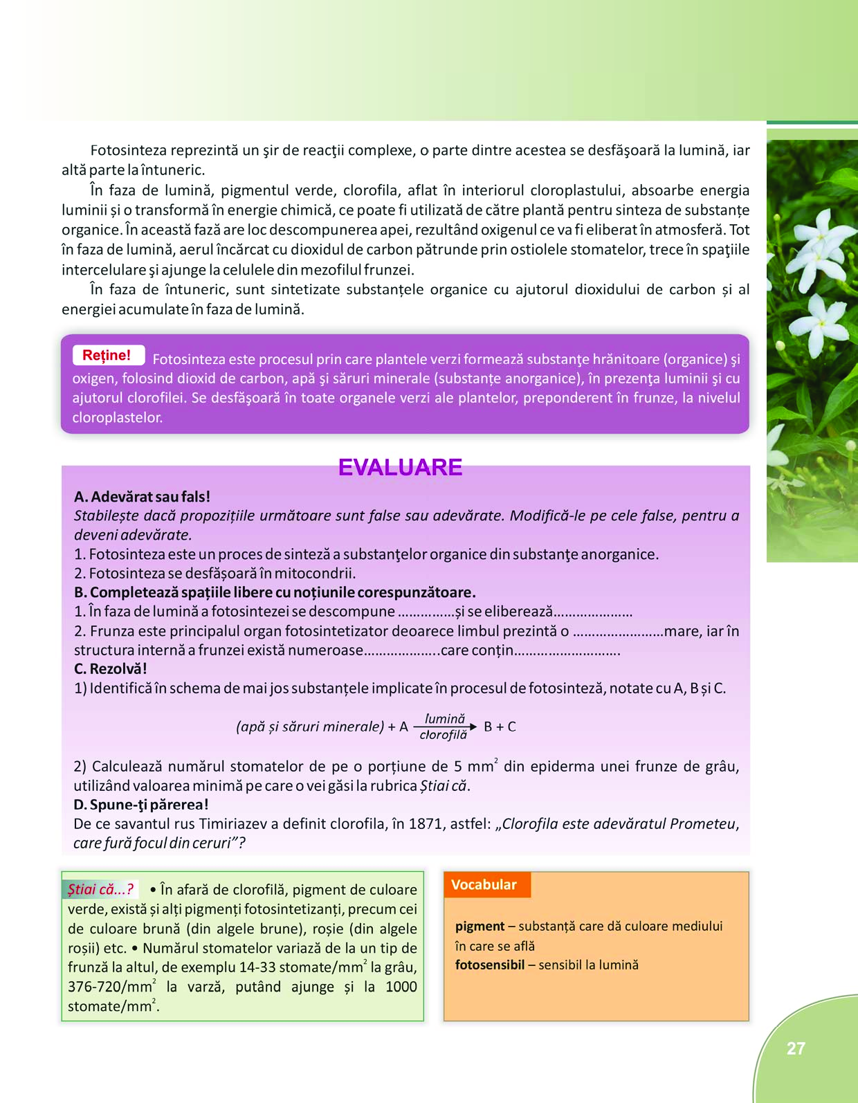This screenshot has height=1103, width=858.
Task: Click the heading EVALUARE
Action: click(x=400, y=468)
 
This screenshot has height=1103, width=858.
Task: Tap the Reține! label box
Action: click(x=108, y=355)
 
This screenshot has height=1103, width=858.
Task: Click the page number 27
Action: click(x=796, y=1048)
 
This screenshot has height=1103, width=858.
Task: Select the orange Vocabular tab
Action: click(x=486, y=885)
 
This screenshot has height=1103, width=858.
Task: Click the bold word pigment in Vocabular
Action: click(x=480, y=927)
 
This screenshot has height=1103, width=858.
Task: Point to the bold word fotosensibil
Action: click(x=489, y=965)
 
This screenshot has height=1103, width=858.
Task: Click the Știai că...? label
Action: click(x=100, y=890)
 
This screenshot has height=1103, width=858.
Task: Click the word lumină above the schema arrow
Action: click(x=445, y=719)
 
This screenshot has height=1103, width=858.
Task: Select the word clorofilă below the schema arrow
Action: click(x=444, y=735)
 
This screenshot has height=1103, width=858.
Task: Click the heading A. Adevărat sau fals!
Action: click(x=142, y=497)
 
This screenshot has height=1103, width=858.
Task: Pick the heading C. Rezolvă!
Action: click(x=110, y=669)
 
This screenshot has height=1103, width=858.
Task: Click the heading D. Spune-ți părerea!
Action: click(x=141, y=805)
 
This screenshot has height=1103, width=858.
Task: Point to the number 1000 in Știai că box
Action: click(x=401, y=987)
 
